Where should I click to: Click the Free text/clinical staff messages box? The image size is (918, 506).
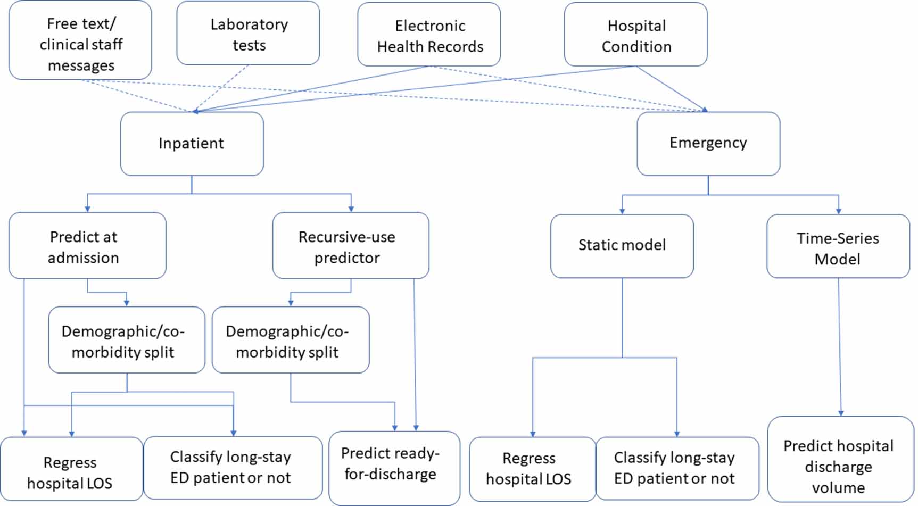[x=80, y=40]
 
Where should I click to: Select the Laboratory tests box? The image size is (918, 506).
[x=248, y=33]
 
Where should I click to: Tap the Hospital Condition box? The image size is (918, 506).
[x=636, y=35]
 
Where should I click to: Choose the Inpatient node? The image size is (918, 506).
[x=192, y=144]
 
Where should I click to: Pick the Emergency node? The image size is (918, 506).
[x=708, y=144]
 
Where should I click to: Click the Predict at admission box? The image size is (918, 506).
[x=87, y=245]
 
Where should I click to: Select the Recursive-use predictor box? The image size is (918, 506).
[x=351, y=245]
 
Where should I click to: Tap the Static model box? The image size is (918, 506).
[x=622, y=246]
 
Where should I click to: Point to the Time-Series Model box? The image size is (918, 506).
[x=838, y=246]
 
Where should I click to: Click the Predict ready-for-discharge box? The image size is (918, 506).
[x=394, y=468]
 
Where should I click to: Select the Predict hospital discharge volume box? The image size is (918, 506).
[x=841, y=459]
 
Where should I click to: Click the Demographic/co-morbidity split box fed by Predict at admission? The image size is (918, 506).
[x=127, y=339]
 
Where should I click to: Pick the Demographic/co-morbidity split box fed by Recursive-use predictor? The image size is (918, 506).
[x=291, y=339]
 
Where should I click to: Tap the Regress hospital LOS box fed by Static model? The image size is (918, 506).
[x=533, y=469]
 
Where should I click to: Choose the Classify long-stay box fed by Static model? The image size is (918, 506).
[x=677, y=469]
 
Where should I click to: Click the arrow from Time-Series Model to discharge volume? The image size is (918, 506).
[x=840, y=347]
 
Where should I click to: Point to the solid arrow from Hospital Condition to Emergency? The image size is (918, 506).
[x=672, y=89]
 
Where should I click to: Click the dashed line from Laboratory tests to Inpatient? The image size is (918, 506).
[x=220, y=89]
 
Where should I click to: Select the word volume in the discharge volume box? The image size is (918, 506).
[x=838, y=487]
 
